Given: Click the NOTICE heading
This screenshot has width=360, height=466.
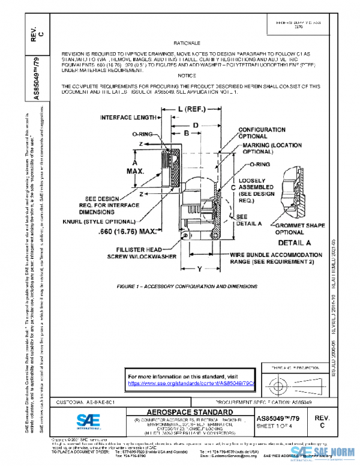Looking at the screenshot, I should [x=187, y=75].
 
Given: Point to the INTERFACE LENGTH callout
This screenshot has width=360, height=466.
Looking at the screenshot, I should [x=127, y=117].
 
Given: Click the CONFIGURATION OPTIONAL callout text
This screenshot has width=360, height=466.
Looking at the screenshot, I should [x=262, y=133].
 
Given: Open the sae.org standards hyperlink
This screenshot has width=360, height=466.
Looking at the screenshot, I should [x=191, y=383].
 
